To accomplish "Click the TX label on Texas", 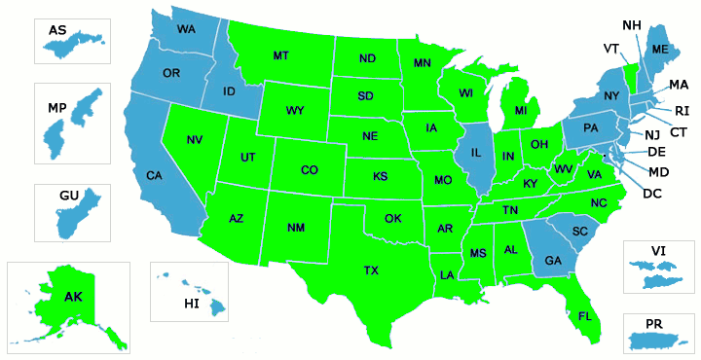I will pyautogui.click(x=371, y=270).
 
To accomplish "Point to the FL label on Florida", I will pyautogui.click(x=585, y=317).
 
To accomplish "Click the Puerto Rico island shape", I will pyautogui.click(x=659, y=341).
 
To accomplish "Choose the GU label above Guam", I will pyautogui.click(x=68, y=196).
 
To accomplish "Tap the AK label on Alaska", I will pyautogui.click(x=74, y=296).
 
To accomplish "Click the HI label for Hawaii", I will pyautogui.click(x=192, y=305).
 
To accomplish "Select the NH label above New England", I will pyautogui.click(x=631, y=24).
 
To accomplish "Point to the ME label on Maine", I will pyautogui.click(x=660, y=50).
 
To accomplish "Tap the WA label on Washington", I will pyautogui.click(x=186, y=29).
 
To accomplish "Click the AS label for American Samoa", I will pyautogui.click(x=57, y=30).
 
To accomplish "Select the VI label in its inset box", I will pyautogui.click(x=659, y=251).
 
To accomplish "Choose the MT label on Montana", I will pyautogui.click(x=280, y=55).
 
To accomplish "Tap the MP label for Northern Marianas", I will pyautogui.click(x=55, y=105).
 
